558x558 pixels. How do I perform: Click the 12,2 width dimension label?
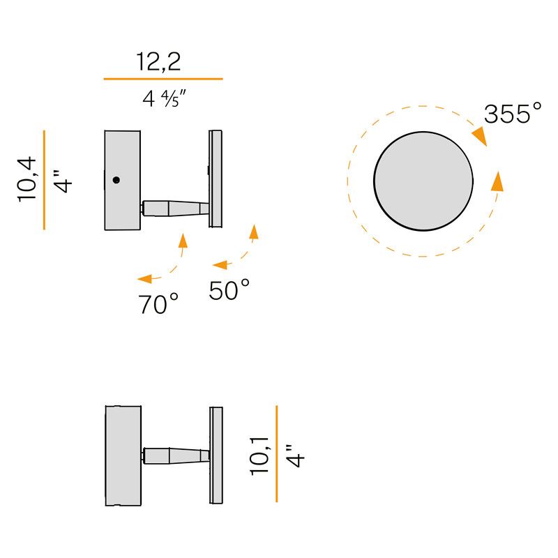[x=159, y=62]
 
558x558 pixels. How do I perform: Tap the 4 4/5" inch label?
[x=164, y=98]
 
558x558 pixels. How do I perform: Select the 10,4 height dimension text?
[x=27, y=179]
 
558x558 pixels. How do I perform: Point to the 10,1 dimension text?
[x=259, y=456]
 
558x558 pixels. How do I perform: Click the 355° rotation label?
[x=513, y=114]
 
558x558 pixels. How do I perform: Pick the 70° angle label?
[x=158, y=304]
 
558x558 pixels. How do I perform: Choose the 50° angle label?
[x=229, y=290]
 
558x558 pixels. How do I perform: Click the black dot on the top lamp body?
[x=116, y=180]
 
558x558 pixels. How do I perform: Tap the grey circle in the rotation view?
[x=423, y=181]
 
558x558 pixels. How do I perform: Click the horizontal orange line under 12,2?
[x=163, y=79]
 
